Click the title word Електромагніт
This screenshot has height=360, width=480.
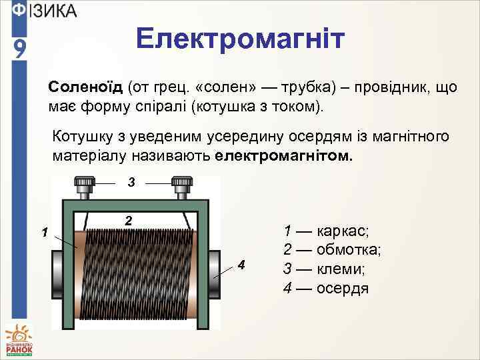click(x=241, y=39)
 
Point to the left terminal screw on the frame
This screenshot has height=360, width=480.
click(x=83, y=185)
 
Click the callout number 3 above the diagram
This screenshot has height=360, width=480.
click(x=132, y=181)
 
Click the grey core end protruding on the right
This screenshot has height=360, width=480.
click(x=215, y=275)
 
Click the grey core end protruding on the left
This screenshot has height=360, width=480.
click(x=57, y=275)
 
